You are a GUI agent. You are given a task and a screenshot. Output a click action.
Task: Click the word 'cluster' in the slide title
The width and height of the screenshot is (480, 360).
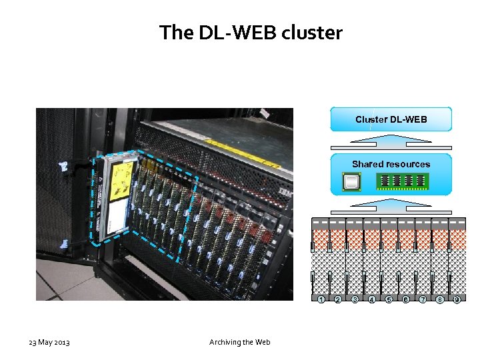[313, 32]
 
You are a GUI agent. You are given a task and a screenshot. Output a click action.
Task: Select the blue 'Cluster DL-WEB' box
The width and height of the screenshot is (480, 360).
[391, 119]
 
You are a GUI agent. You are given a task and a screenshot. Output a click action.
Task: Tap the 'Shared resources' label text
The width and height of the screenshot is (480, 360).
[391, 164]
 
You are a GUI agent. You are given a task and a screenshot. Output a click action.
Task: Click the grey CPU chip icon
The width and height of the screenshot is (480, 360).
[351, 181]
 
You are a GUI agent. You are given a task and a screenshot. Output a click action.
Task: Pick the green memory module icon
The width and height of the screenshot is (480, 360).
[402, 181]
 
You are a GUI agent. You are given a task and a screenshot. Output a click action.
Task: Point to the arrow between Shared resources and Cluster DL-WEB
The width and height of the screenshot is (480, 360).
[391, 140]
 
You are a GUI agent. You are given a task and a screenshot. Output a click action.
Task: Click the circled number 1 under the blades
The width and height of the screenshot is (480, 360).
[321, 300]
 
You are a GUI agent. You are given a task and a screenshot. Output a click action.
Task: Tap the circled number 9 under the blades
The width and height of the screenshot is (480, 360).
[457, 300]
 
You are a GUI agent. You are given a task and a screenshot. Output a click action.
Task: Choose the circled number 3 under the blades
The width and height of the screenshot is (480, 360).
[355, 300]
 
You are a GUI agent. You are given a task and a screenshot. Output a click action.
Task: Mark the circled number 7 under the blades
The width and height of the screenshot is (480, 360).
[423, 300]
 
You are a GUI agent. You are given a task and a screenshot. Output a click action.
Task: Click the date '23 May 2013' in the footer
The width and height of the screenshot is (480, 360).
[49, 343]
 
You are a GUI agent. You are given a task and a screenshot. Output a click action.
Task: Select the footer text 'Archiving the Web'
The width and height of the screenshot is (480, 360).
[240, 343]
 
